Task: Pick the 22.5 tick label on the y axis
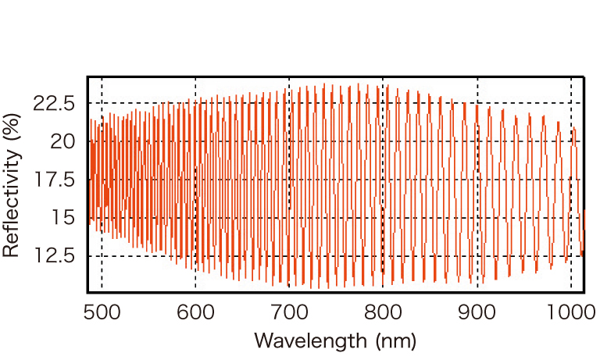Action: click(x=55, y=103)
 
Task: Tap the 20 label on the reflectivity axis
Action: click(x=65, y=141)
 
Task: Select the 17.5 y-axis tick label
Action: click(x=55, y=180)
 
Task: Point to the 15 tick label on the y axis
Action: click(x=65, y=218)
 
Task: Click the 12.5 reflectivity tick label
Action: click(x=55, y=256)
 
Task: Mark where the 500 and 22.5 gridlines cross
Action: click(x=102, y=103)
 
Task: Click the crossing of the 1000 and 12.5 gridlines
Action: click(x=571, y=256)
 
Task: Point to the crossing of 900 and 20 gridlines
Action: click(x=477, y=141)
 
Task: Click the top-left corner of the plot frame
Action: click(x=87, y=77)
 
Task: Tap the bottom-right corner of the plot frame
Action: click(x=584, y=290)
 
